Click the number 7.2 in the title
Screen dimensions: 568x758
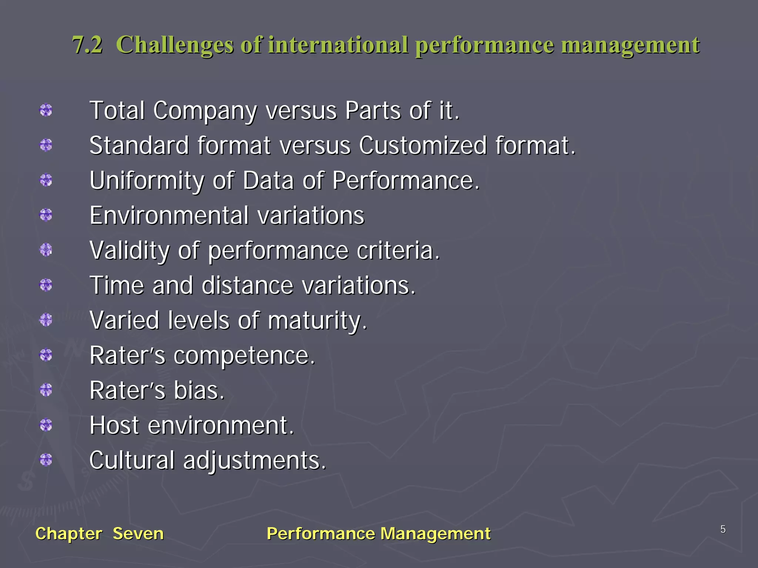87,45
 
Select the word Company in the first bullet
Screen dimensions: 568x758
205,111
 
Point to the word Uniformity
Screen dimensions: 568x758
147,181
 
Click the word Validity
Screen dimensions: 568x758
130,251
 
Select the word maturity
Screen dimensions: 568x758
317,321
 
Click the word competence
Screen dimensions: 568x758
244,355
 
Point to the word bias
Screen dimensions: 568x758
199,390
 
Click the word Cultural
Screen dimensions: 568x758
132,460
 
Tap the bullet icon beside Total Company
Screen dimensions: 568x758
46,110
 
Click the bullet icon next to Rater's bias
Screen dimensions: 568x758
46,390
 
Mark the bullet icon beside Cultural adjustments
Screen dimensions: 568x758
46,460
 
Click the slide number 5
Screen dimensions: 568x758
723,529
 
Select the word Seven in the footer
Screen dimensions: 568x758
138,534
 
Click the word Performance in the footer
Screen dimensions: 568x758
321,534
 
